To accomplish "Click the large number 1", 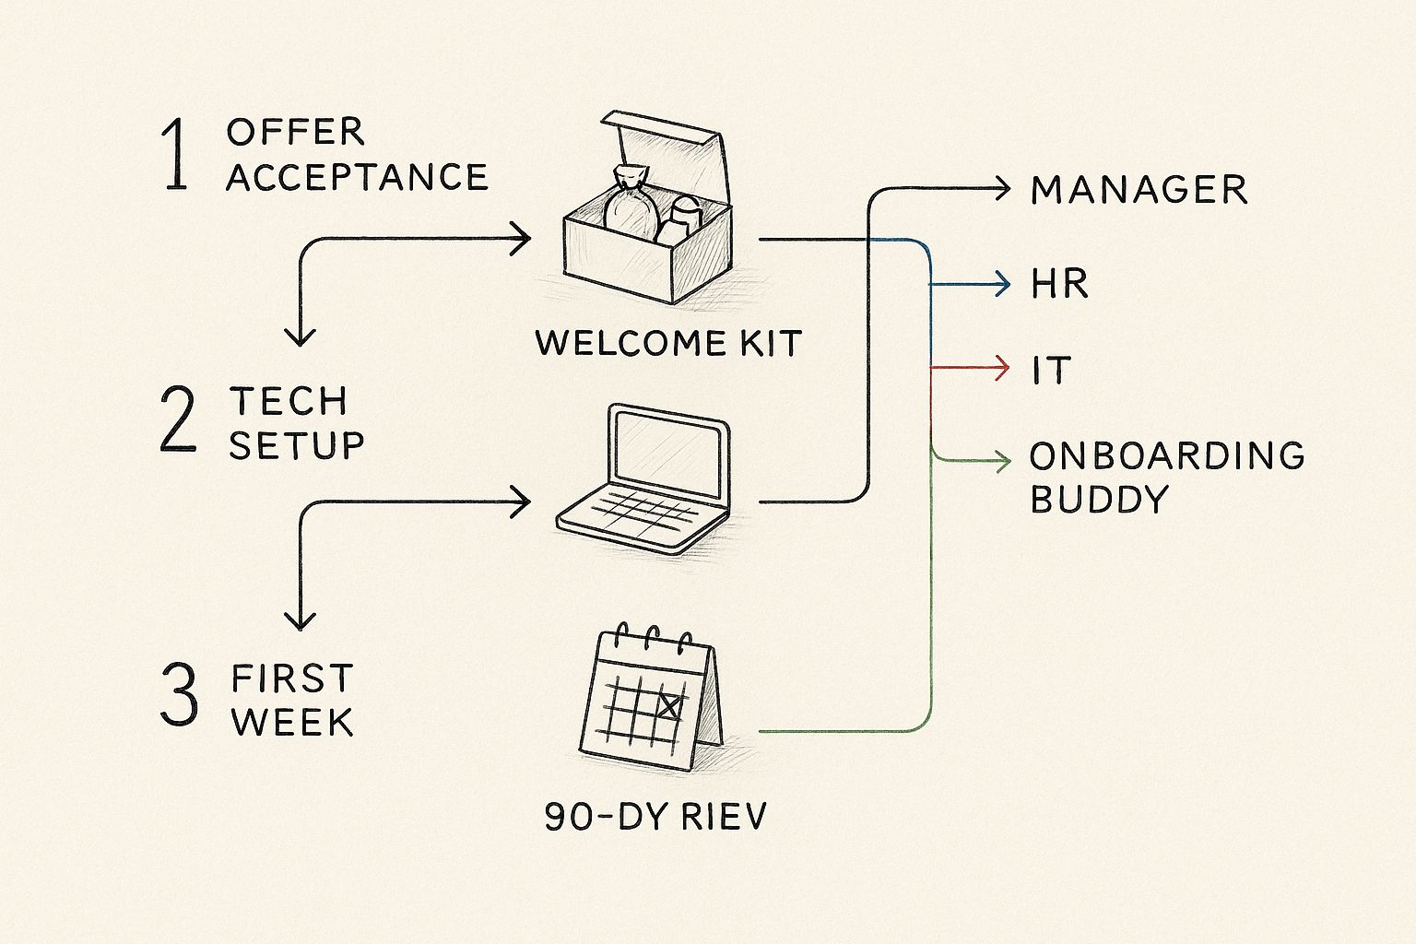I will tap(175, 157).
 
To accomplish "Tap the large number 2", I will tap(178, 419).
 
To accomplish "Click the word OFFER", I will tap(295, 132).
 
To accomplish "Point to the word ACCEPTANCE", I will tap(357, 177).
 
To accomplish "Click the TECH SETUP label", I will tap(296, 423).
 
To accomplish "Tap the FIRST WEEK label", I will tap(292, 701).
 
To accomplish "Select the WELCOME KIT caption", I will tap(668, 344).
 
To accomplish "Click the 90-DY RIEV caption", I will tap(655, 817).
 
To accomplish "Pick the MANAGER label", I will tap(1139, 191).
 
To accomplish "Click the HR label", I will tap(1060, 284).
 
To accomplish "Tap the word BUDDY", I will tap(1099, 500).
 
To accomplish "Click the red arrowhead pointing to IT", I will tap(1003, 368).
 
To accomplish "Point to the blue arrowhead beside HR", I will tap(1003, 283).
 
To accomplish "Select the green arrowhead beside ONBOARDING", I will tap(1003, 459).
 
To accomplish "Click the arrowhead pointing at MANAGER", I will tap(1003, 190).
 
